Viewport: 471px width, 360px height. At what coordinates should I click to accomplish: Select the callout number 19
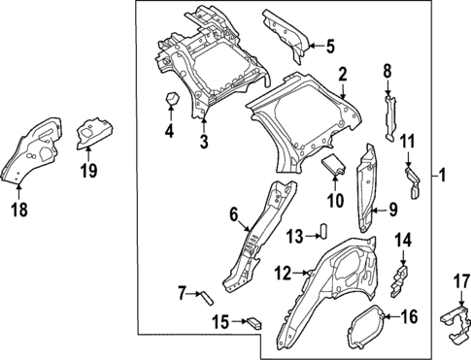pos(88,173)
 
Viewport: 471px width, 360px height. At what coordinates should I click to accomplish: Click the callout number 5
pos(328,46)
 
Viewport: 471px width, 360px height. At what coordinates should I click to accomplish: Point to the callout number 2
pos(342,74)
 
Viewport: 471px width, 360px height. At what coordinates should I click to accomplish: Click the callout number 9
pos(393,209)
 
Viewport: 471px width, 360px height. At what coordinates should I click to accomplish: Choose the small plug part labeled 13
pos(325,231)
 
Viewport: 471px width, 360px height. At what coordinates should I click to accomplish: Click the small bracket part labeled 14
pos(396,279)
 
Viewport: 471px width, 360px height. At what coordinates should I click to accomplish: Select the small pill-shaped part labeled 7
pos(206,296)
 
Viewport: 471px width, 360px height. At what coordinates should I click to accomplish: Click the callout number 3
pos(203,142)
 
